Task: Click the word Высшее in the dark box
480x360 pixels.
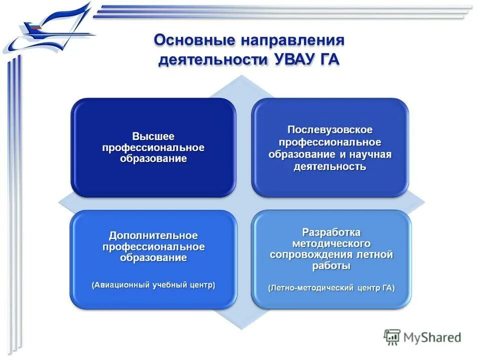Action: (153, 136)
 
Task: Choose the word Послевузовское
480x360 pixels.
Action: (330, 130)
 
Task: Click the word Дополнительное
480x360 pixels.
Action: (153, 235)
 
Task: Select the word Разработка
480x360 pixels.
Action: (330, 232)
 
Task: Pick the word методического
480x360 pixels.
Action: (330, 244)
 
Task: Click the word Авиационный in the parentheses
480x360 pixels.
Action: (121, 285)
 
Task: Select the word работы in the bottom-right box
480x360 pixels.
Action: (330, 266)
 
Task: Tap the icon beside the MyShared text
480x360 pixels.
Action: (392, 337)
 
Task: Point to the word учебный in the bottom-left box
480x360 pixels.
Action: (168, 285)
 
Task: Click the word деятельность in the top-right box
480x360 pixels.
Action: (330, 166)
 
